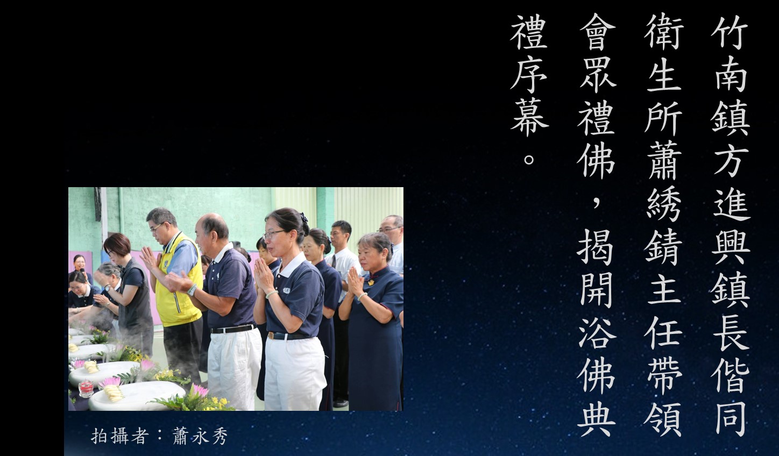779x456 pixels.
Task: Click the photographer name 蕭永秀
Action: coord(200,436)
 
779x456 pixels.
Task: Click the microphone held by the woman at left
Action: coord(83,271)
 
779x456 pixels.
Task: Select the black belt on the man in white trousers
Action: coord(233,329)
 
